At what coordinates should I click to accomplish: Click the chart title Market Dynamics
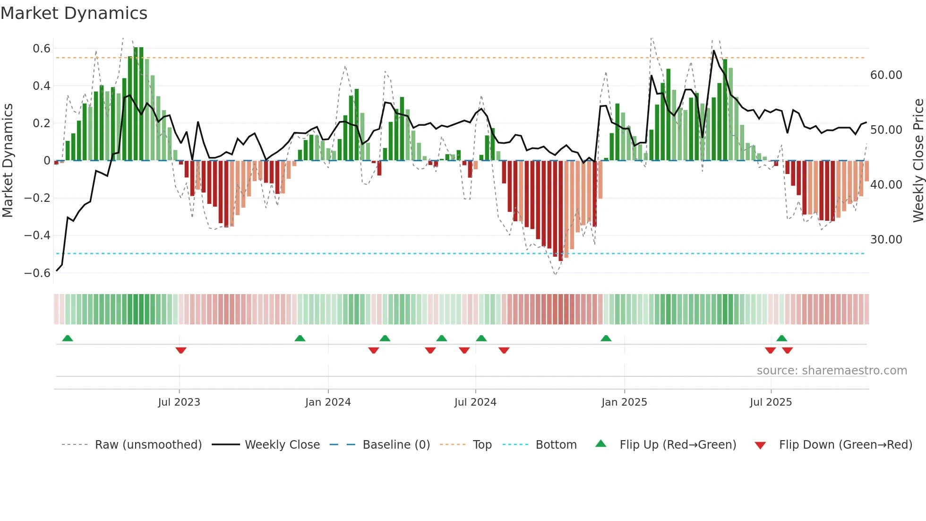(x=74, y=13)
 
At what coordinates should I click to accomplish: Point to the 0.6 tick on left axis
(x=42, y=49)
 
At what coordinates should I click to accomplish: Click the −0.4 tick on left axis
(x=37, y=235)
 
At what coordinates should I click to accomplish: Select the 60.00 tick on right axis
(x=886, y=75)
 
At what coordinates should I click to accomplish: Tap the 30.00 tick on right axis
(x=886, y=240)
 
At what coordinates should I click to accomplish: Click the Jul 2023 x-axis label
(x=179, y=402)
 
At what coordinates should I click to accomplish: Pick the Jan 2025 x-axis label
(x=624, y=402)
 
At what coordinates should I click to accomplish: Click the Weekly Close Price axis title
(x=918, y=160)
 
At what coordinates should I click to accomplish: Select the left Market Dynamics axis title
(x=8, y=160)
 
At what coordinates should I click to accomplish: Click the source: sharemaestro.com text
(x=832, y=371)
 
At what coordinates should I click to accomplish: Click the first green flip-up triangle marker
(x=68, y=338)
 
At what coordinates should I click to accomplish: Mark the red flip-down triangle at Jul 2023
(x=181, y=350)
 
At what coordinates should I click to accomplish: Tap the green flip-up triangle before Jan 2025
(x=606, y=338)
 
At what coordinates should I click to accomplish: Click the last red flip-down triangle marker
(x=787, y=350)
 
